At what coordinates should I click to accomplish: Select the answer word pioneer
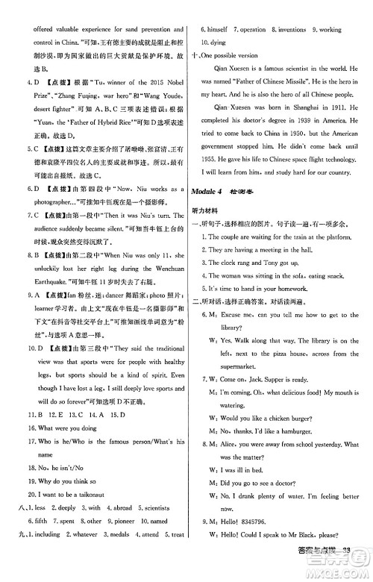124,520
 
